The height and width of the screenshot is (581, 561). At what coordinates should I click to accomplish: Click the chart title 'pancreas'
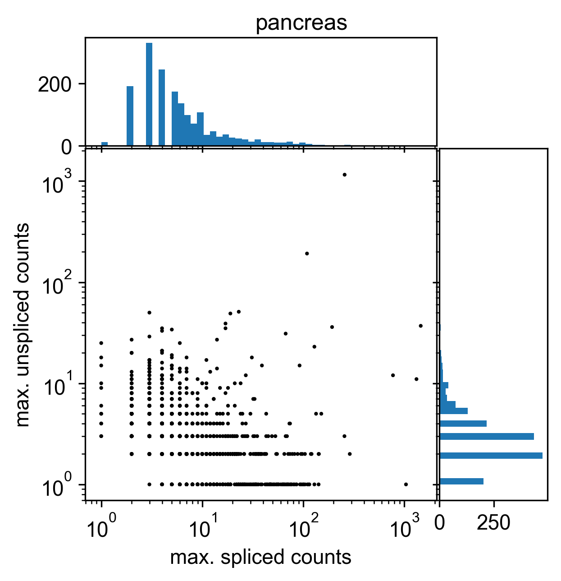(301, 23)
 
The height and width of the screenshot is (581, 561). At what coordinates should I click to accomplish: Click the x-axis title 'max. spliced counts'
(260, 558)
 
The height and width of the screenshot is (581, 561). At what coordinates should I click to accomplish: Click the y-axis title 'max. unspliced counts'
(23, 325)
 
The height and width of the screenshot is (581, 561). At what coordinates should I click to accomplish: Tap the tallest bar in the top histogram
(149, 95)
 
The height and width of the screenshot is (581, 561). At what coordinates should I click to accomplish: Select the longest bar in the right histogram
(491, 456)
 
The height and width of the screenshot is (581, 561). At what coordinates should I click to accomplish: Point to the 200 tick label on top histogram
(55, 84)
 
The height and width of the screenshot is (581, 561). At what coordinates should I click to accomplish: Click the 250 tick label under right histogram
(494, 523)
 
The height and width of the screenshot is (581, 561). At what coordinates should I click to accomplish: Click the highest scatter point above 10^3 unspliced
(345, 175)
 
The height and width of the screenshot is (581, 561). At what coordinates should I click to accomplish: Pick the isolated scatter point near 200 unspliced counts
(307, 254)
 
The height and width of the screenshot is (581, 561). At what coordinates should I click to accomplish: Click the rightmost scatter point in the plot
(421, 326)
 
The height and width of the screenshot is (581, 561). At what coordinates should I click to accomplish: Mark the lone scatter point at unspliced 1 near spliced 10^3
(406, 484)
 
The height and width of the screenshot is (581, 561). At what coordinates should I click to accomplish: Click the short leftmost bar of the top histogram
(105, 144)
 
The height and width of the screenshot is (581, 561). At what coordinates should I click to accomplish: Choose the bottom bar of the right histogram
(461, 481)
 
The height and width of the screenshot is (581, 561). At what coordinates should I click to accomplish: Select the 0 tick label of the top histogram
(67, 147)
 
